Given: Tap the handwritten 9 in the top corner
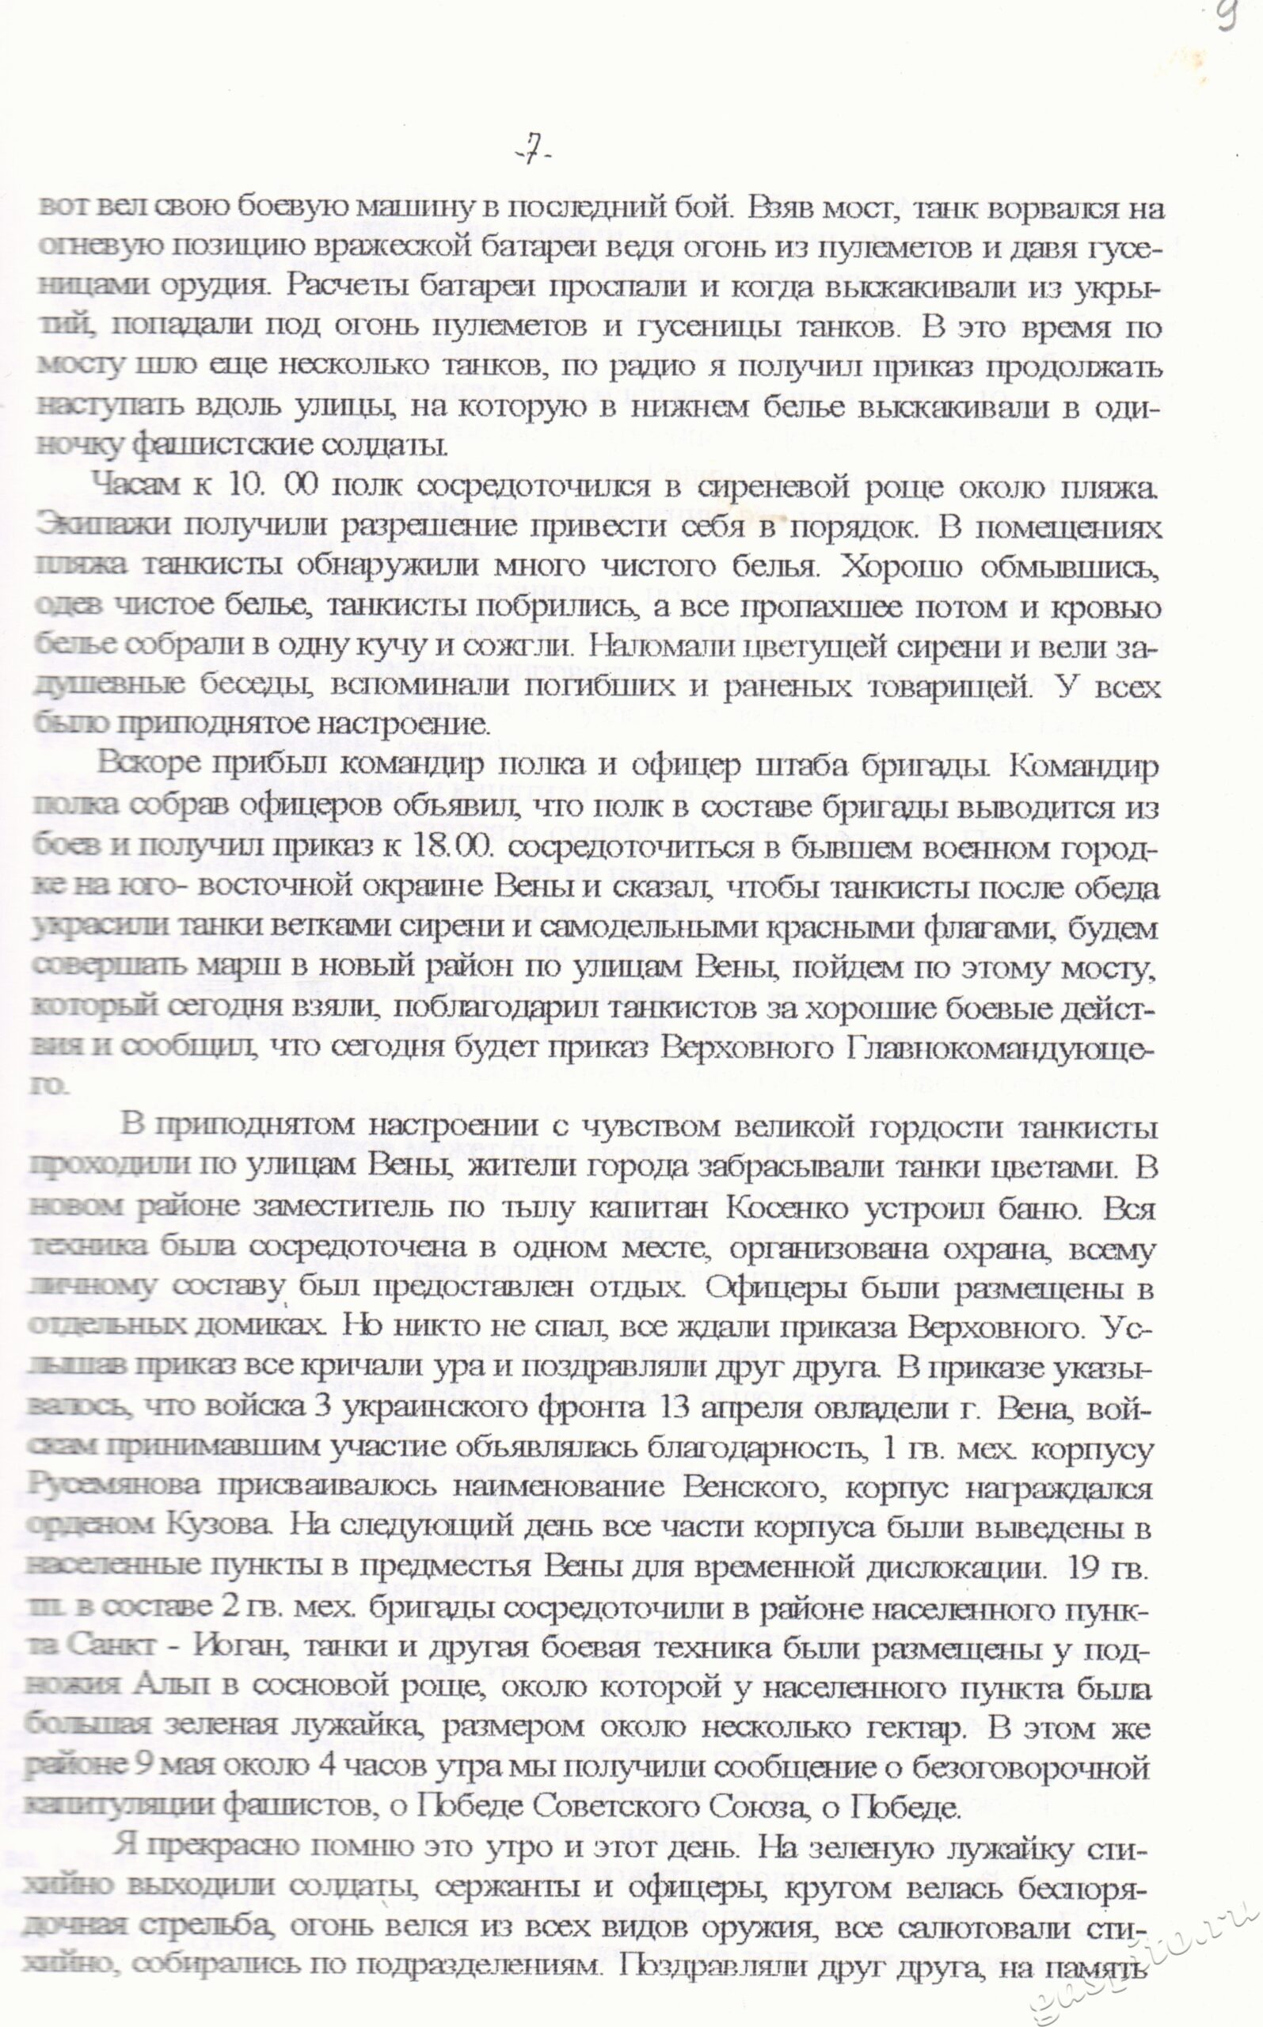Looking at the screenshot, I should click(x=1227, y=15).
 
